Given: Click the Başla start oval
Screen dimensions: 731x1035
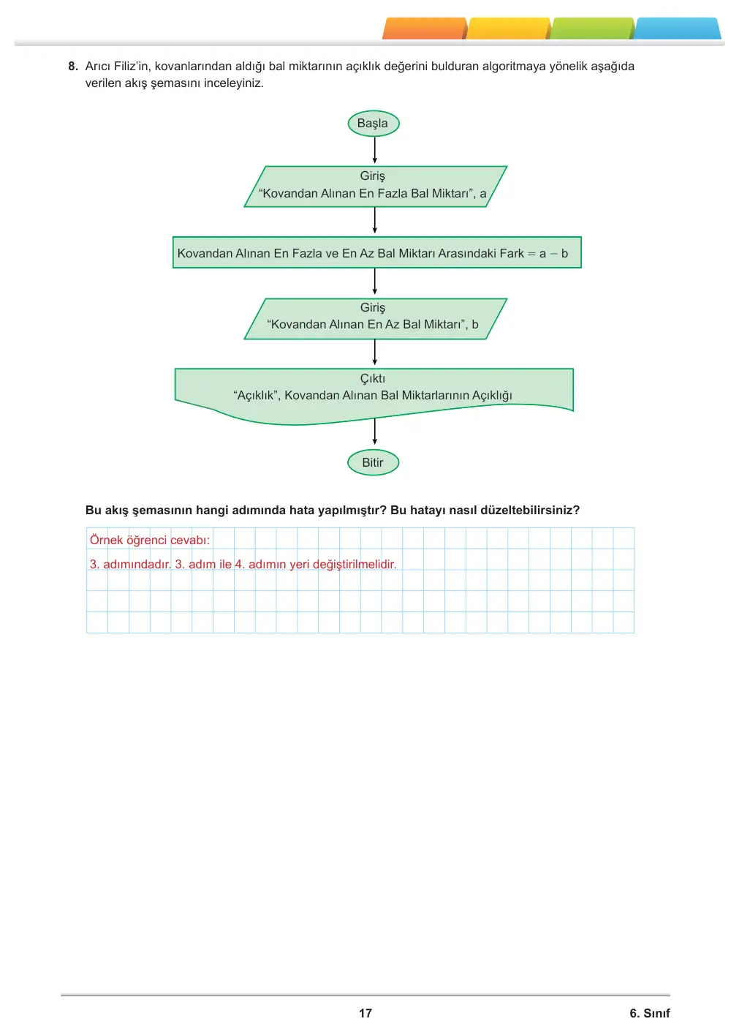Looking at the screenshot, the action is (373, 124).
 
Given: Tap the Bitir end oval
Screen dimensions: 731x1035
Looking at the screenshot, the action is (373, 462).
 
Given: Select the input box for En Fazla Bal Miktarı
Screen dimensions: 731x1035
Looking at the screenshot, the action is (376, 187).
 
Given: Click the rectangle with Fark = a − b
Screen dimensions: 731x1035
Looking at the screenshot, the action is (376, 252).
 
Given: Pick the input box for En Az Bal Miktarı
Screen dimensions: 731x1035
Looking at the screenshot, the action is (376, 319).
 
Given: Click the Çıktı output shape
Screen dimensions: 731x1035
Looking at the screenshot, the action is (374, 395).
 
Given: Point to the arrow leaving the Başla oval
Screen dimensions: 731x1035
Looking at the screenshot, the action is (374, 150).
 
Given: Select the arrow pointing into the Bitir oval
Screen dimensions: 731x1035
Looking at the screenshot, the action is (374, 431).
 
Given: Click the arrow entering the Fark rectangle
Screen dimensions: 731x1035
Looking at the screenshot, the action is (374, 220).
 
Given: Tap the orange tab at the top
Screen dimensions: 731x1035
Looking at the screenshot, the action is (424, 29).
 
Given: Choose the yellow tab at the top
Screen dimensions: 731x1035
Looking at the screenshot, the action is (509, 29).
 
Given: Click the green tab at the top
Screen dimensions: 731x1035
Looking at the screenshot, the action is (592, 29).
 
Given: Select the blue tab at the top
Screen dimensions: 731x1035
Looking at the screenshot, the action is (677, 29).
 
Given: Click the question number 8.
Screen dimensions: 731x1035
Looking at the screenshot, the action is (73, 66).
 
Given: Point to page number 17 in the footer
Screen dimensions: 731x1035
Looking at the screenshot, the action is (365, 1013).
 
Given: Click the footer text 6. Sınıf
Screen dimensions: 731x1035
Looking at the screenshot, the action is (650, 1013).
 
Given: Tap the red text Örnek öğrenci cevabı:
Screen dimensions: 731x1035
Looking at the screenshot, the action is (150, 540).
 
